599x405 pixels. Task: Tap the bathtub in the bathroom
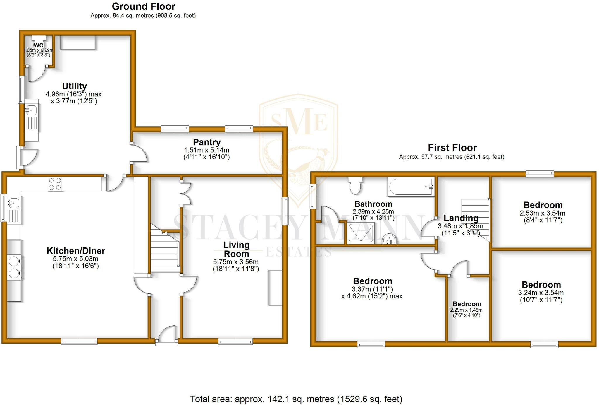pyautogui.click(x=410, y=187)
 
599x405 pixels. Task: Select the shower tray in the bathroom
pyautogui.click(x=361, y=233)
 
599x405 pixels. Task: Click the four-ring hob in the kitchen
pyautogui.click(x=55, y=184)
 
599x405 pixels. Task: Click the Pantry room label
pyautogui.click(x=207, y=142)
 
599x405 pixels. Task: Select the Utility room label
pyautogui.click(x=74, y=86)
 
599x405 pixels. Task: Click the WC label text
pyautogui.click(x=39, y=45)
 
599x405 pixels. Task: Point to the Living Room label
pyautogui.click(x=236, y=249)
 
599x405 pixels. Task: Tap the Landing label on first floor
pyautogui.click(x=461, y=218)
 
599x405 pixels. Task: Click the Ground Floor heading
pyautogui.click(x=143, y=6)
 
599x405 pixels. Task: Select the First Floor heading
pyautogui.click(x=452, y=148)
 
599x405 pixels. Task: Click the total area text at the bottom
pyautogui.click(x=296, y=399)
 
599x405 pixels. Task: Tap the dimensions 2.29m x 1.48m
pyautogui.click(x=466, y=310)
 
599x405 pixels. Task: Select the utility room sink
pyautogui.click(x=31, y=110)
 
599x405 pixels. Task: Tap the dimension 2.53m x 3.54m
pyautogui.click(x=542, y=213)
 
